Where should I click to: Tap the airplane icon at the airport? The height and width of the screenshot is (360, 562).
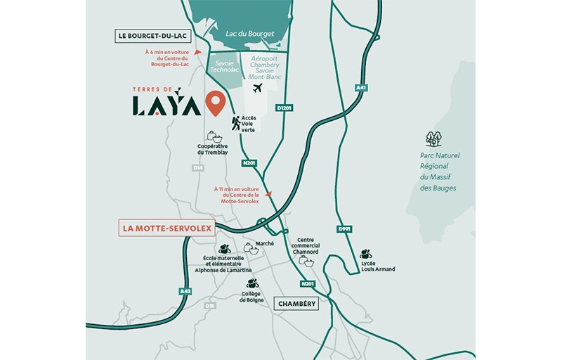257,89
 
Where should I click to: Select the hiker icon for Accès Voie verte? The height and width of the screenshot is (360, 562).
236,124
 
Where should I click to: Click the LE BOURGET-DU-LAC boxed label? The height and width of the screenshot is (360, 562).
150,36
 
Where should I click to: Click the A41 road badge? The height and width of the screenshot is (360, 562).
361,88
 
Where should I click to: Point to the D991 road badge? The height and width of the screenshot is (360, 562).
344,229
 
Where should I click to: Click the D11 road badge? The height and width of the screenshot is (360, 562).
210,306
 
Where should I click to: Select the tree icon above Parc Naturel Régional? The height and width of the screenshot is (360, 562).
434,139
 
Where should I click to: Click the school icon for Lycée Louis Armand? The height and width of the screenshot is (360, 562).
365,254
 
